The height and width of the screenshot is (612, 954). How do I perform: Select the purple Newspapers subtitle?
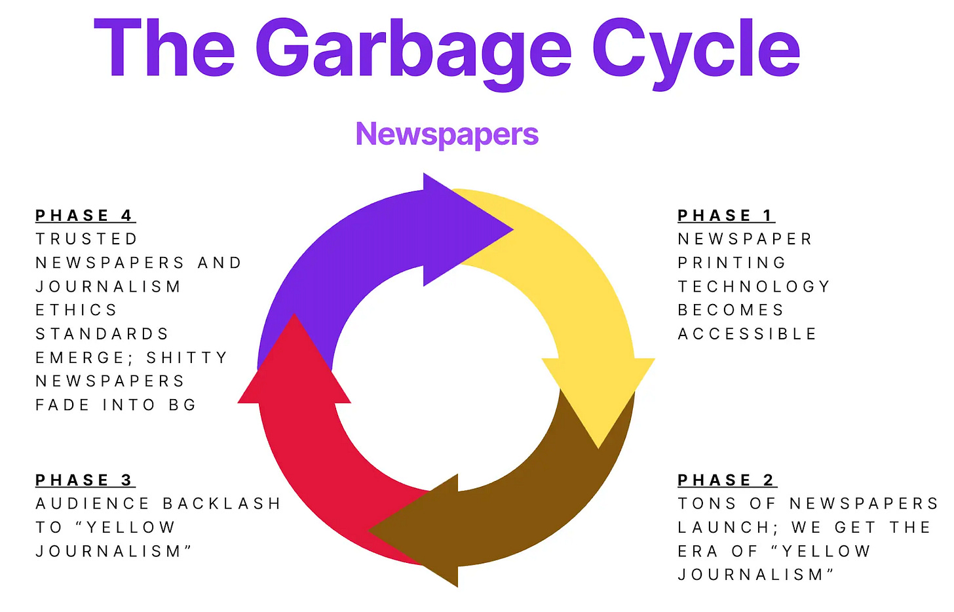click(x=447, y=134)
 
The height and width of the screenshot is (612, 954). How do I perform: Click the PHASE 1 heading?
click(x=726, y=216)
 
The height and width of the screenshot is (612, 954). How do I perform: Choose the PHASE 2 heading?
click(x=727, y=480)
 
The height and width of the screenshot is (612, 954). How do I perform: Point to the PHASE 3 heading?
click(x=85, y=480)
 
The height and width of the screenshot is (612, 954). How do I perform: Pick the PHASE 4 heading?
click(x=85, y=216)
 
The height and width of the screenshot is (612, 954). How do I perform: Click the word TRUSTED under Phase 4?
click(x=86, y=239)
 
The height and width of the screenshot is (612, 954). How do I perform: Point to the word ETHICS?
click(x=76, y=310)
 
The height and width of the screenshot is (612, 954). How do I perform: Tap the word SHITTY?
click(x=187, y=358)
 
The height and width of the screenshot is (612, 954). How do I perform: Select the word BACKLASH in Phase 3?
click(x=221, y=504)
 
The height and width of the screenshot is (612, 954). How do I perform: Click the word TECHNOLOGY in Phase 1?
click(x=754, y=286)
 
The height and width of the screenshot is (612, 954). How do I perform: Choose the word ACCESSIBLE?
click(x=747, y=334)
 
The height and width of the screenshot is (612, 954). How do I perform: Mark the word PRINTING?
click(x=732, y=263)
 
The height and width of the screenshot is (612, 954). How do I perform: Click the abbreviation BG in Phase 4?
click(x=182, y=405)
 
